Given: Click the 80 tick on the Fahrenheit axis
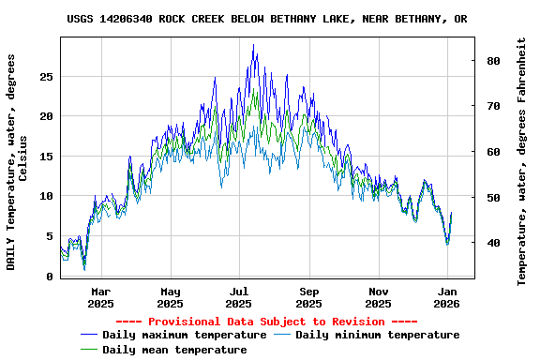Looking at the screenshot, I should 493,61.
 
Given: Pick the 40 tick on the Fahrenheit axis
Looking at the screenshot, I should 493,243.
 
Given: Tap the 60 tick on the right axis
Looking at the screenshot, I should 493,152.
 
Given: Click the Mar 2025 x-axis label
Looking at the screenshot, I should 100,297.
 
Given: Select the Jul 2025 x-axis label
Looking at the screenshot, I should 239,297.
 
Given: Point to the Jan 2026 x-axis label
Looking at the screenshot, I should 447,297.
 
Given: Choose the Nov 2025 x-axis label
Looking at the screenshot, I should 378,297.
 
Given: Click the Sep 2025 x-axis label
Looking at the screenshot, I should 308,297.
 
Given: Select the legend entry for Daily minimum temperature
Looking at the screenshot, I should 377,335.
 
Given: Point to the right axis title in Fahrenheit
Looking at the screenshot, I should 522,161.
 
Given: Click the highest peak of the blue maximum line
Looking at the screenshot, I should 253,44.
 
